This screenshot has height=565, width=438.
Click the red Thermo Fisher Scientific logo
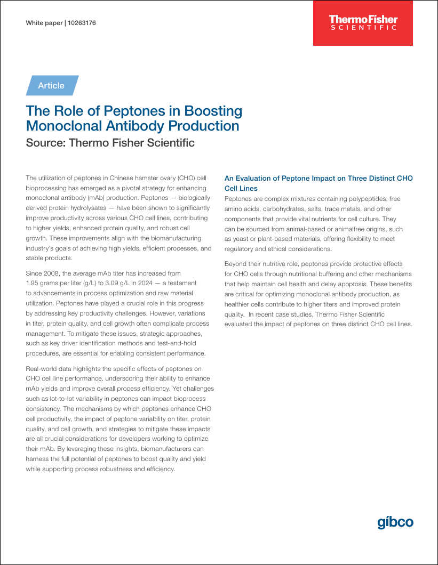click(x=363, y=22)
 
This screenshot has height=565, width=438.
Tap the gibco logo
click(x=395, y=522)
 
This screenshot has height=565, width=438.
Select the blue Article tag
click(x=52, y=85)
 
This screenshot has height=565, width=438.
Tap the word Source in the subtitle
click(x=45, y=143)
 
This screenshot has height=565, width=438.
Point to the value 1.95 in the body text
click(x=34, y=283)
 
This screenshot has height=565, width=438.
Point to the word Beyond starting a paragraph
click(x=236, y=263)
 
